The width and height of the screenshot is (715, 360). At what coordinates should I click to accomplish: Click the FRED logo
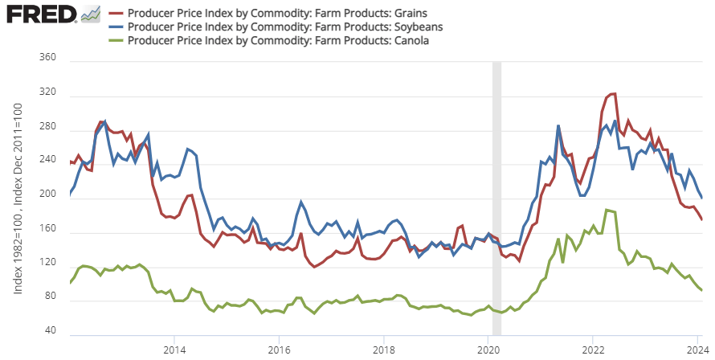point(42,14)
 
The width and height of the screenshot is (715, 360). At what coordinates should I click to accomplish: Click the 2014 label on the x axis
point(174,350)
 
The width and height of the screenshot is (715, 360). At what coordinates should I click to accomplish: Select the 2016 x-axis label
point(279,350)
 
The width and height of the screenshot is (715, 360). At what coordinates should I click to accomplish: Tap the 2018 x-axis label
point(384,350)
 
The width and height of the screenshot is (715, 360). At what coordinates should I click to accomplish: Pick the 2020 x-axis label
point(489,350)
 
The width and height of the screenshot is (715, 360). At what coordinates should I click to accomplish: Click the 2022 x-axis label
point(594,350)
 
